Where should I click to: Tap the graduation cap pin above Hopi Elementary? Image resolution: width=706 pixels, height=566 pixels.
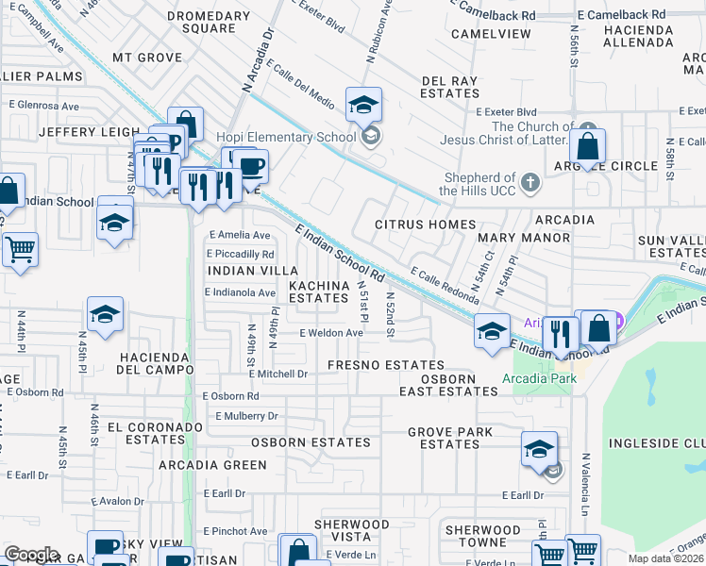point(363,107)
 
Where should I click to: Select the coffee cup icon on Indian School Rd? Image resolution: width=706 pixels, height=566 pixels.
point(250,168)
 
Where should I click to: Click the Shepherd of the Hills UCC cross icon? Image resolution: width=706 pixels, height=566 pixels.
point(529,182)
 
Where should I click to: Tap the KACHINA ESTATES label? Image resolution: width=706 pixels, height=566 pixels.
point(318,291)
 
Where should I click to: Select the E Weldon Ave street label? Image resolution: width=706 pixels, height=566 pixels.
point(331,333)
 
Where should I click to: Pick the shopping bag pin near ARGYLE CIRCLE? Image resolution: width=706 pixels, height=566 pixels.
point(588,147)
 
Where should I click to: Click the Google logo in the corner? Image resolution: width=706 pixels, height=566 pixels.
point(32,555)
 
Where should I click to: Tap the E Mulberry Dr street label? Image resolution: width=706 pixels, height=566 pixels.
point(247,416)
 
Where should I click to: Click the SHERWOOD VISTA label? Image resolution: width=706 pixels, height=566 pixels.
point(351,530)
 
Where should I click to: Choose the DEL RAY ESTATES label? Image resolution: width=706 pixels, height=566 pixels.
point(450,88)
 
